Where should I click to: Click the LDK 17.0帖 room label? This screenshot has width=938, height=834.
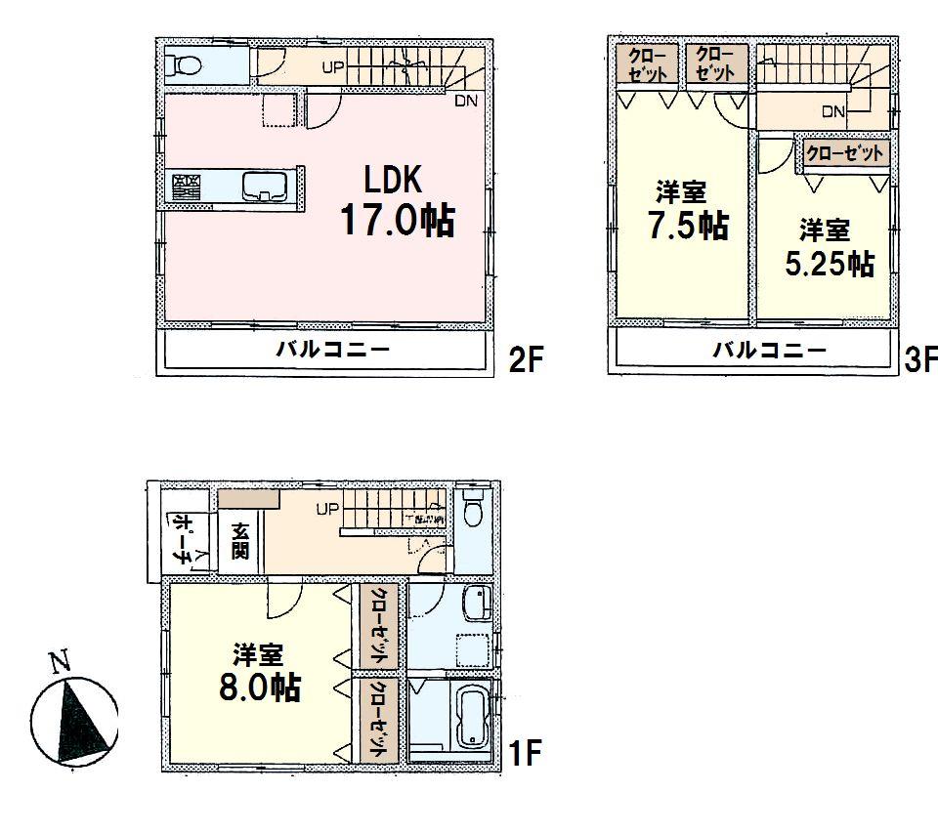point(396,201)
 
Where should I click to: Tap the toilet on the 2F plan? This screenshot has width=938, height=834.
point(185,66)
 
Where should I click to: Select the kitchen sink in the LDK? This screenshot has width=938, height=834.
point(264,185)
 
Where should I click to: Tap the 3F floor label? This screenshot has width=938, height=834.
point(919,360)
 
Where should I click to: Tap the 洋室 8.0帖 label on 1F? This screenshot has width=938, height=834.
point(258,672)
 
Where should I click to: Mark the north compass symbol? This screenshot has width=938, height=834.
point(74,716)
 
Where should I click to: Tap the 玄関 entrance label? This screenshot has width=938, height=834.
point(240,541)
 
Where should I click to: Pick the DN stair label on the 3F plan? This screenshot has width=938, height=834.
point(832,111)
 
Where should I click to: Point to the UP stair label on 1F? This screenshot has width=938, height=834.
point(326,509)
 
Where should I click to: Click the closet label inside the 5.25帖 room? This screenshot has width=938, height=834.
point(846,153)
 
